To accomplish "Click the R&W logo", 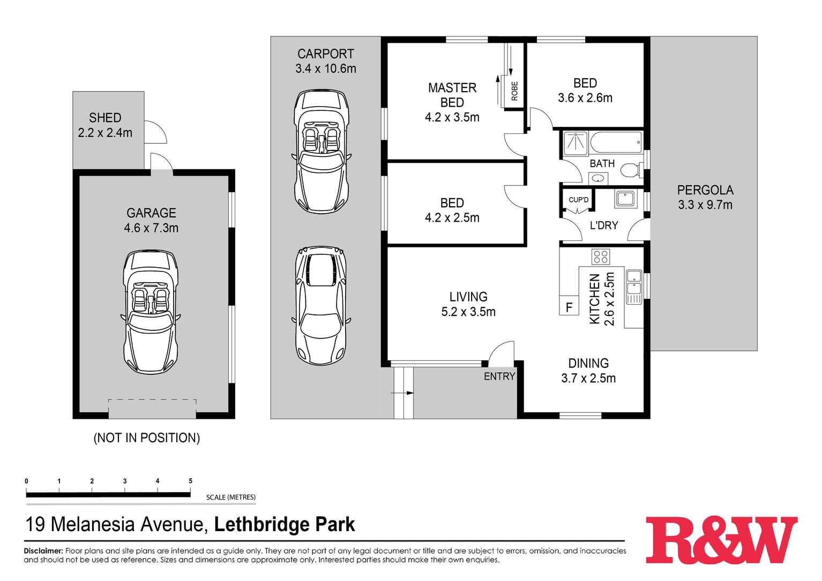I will (721, 540).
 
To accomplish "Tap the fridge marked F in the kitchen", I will (569, 307).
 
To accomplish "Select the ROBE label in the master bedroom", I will (514, 91).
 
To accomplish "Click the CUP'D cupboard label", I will (578, 200).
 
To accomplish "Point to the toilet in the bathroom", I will (632, 170).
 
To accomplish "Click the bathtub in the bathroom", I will (616, 142).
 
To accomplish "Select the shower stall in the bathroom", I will (575, 142).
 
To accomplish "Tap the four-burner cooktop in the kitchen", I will (600, 256).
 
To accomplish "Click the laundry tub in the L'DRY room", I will (625, 199).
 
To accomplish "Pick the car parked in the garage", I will (151, 313).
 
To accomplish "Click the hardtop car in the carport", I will (320, 306).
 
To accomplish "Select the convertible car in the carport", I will (320, 152).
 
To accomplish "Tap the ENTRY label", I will (499, 376).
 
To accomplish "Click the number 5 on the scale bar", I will (190, 481).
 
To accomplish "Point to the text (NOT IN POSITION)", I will (146, 437).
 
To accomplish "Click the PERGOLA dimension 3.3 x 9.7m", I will (705, 205).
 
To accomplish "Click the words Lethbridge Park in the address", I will (285, 524).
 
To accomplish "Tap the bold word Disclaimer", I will (43, 550).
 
